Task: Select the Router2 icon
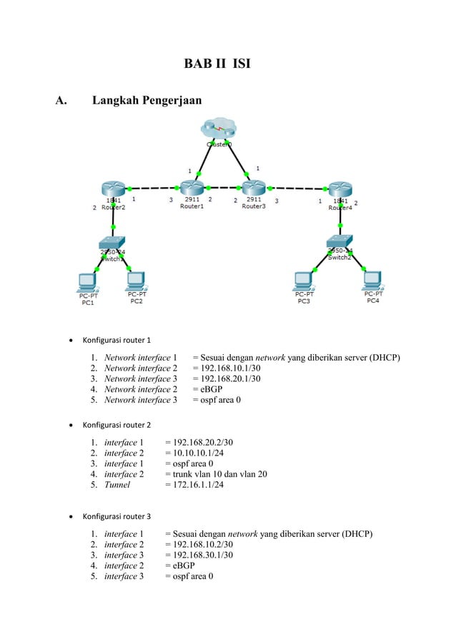pyautogui.click(x=113, y=189)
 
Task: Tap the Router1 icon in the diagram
pyautogui.click(x=192, y=188)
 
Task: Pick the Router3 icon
pyautogui.click(x=253, y=188)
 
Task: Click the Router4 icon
pyautogui.click(x=340, y=189)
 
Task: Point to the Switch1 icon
pyautogui.click(x=113, y=243)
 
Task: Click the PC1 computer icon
pyautogui.click(x=89, y=280)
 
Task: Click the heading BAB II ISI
pyautogui.click(x=217, y=66)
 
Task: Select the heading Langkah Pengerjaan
pyautogui.click(x=147, y=101)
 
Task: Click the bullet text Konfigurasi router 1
pyautogui.click(x=117, y=340)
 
